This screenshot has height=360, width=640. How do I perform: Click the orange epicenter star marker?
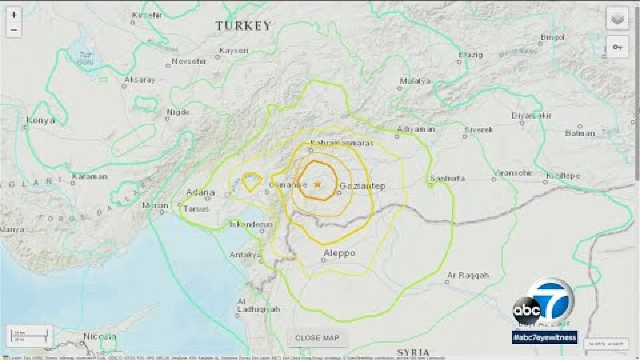point(317,184)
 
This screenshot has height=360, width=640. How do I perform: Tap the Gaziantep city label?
point(362,186)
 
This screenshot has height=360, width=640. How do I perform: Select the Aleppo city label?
point(339,253)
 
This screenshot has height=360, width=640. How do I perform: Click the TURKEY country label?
point(244,26)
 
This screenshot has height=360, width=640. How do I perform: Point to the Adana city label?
point(200,192)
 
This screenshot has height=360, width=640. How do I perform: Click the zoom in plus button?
point(14,15)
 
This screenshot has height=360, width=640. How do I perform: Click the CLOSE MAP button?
point(316,338)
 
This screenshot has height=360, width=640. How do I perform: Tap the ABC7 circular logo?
point(543,303)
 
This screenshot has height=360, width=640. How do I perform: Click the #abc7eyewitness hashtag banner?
point(544,337)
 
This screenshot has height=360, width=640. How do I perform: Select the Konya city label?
point(40,120)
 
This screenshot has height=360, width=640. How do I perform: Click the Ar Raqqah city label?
point(468,275)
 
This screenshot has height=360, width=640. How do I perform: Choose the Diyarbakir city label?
point(532,116)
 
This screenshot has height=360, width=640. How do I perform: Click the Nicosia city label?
point(100,336)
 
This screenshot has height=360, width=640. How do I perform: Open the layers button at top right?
point(617,19)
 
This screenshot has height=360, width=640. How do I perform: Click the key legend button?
point(617,47)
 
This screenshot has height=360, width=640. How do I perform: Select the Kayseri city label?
point(234,51)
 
